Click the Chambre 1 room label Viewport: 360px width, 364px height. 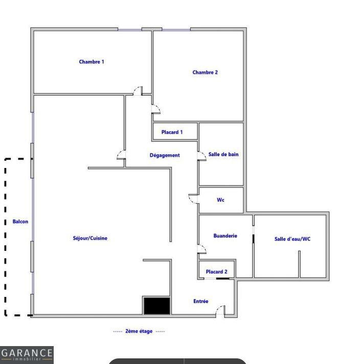pos(92,62)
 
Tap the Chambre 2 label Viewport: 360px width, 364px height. pos(205,72)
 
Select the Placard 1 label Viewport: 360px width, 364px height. pos(172,132)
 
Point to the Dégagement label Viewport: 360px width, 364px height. pos(165,155)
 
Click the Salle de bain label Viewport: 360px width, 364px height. pos(223,154)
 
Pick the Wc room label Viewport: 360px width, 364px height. pos(220,200)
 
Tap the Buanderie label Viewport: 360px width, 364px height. pos(225,236)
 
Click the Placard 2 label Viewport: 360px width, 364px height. pos(217,272)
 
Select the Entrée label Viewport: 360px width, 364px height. pos(201,302)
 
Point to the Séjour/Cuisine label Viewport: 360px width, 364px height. pos(90,238)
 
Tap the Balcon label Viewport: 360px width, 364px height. pos(20,222)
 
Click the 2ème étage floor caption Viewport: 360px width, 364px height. pos(139,331)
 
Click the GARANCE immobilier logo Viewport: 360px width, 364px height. pos(27,354)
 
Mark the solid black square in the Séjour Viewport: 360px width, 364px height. pos(156,306)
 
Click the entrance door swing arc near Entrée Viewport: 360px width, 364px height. pos(219,310)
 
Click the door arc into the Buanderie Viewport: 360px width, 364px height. pos(202,249)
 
